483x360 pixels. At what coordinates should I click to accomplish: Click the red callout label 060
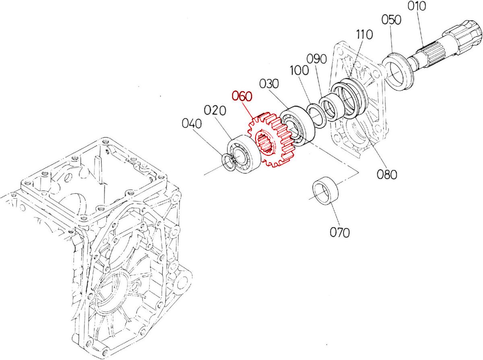(x=242, y=96)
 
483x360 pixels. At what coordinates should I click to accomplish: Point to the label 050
(x=391, y=20)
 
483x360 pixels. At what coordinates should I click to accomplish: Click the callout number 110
(x=365, y=35)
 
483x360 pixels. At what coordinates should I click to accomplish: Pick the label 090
(x=316, y=59)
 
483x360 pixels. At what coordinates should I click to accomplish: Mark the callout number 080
(x=387, y=174)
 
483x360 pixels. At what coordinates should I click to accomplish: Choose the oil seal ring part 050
(x=398, y=72)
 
